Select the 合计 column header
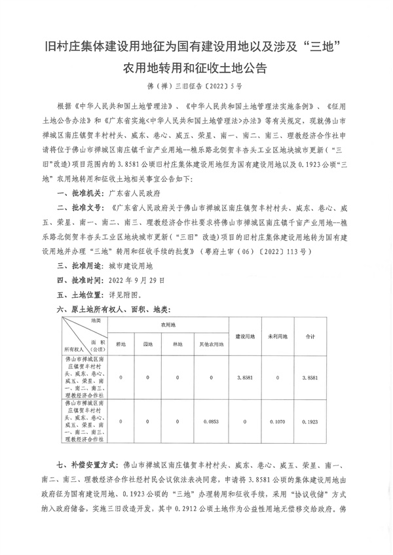click(x=311, y=336)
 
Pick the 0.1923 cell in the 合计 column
click(x=311, y=421)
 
